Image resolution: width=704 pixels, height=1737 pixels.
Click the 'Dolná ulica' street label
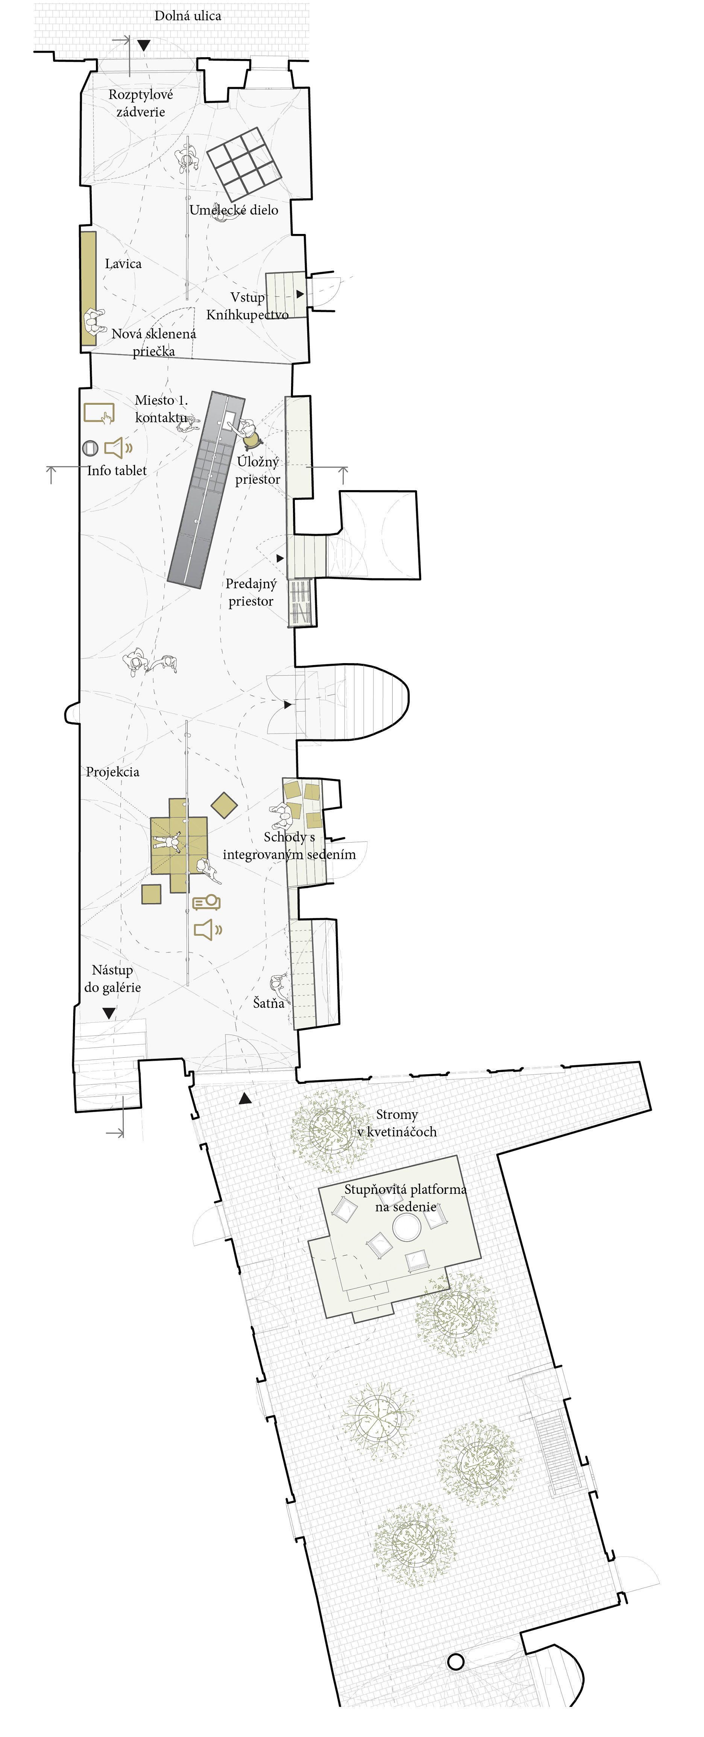tap(187, 15)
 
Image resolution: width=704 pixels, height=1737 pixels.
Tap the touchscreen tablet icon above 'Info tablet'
tap(99, 413)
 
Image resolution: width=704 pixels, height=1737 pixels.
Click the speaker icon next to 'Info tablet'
tap(118, 447)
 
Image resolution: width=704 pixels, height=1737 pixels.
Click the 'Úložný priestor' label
tap(258, 471)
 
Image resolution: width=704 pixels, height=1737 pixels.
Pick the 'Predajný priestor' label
tap(251, 592)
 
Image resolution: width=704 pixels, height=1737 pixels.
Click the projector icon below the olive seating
tap(206, 902)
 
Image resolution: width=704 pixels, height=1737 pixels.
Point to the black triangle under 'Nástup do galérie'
tap(109, 1013)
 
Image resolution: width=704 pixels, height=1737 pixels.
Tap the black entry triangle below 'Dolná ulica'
tap(144, 45)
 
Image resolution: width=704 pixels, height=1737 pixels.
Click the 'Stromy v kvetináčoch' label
tap(397, 1124)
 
